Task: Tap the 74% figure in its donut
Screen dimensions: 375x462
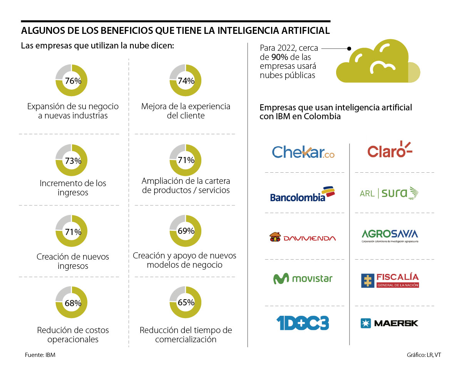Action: tap(186, 81)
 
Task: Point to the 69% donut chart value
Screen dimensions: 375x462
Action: tap(186, 231)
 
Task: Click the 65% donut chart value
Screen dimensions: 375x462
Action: tap(186, 302)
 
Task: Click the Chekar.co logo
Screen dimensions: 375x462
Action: tap(303, 152)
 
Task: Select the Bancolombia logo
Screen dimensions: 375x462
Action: tap(302, 194)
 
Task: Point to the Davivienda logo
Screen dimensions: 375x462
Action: tap(303, 238)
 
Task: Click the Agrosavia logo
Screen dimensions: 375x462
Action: tap(390, 235)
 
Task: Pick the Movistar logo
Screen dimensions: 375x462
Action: tap(303, 278)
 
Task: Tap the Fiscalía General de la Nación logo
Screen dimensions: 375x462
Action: tap(390, 280)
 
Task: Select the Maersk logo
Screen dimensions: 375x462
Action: tap(389, 323)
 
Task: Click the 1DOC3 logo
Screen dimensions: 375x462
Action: tap(303, 323)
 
